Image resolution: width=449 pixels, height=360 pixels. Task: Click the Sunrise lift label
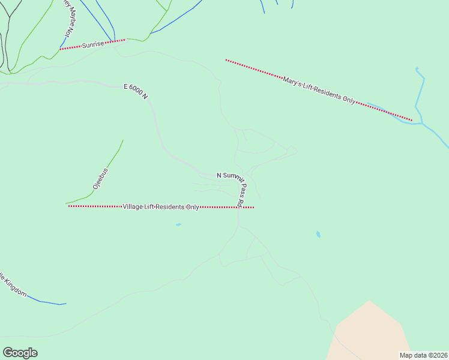click(x=93, y=44)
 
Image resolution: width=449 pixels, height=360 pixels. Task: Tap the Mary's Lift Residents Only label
click(x=319, y=90)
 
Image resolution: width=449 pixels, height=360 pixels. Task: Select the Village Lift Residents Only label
click(x=161, y=206)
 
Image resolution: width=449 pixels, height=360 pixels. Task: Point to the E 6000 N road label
click(x=136, y=91)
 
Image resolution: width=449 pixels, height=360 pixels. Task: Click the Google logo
click(x=20, y=353)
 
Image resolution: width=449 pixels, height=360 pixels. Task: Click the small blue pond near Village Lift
click(x=178, y=225)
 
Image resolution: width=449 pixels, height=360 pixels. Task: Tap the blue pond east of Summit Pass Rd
click(x=318, y=234)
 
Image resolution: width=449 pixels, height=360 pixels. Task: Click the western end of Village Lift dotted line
click(x=70, y=206)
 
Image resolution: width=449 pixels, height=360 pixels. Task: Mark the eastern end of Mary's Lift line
click(x=411, y=120)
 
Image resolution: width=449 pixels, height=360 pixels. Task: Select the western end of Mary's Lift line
click(x=226, y=60)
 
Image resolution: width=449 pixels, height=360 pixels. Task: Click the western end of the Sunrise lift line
click(x=61, y=49)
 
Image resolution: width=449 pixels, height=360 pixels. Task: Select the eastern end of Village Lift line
click(x=253, y=208)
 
